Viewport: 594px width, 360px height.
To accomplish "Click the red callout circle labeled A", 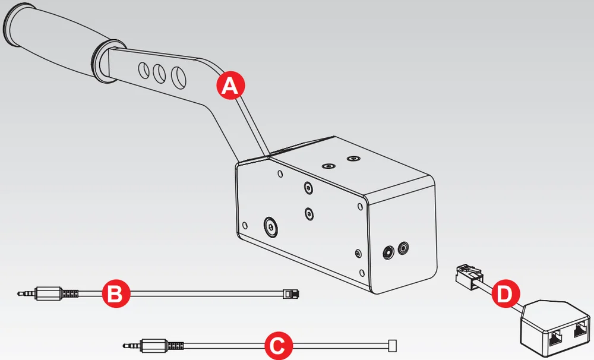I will pos(229,86).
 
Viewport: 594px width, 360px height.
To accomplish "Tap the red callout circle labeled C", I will pos(277,346).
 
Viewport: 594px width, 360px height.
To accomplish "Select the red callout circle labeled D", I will pos(507,293).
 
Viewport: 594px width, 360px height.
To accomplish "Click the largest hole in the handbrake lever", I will pos(178,77).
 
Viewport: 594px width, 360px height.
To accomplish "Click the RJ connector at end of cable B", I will pos(291,293).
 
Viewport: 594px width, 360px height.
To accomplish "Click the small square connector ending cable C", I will pos(391,345).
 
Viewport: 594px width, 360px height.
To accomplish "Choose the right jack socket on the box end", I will pos(405,247).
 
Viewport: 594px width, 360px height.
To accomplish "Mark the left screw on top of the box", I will pos(326,166).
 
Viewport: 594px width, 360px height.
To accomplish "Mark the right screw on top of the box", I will pos(354,159).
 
